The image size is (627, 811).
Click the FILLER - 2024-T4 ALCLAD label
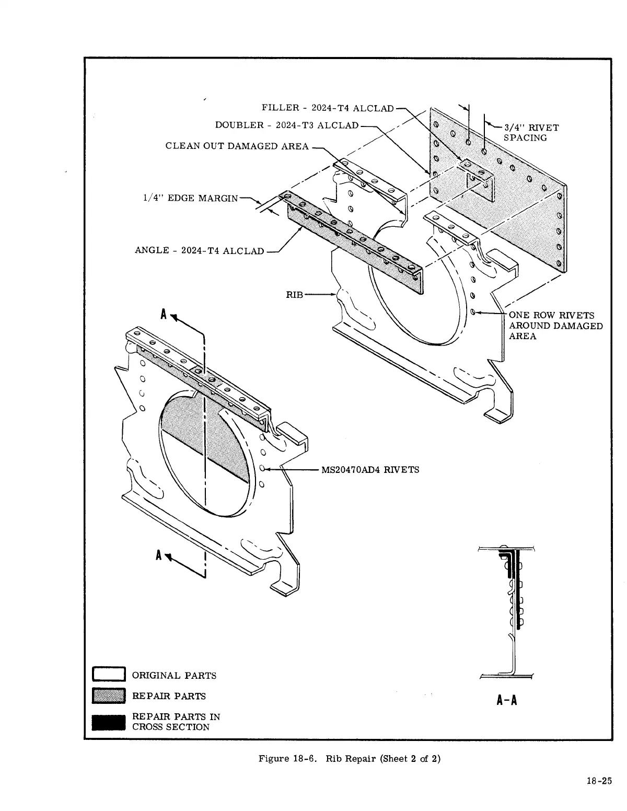coord(327,108)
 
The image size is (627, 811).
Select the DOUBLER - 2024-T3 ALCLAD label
coord(287,125)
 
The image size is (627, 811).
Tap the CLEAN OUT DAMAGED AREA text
coord(237,146)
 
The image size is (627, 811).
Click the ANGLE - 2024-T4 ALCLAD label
coord(199,250)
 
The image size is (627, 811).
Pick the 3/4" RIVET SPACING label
coord(530,133)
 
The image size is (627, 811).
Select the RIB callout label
coord(294,295)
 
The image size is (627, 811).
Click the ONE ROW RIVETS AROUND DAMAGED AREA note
coord(555,326)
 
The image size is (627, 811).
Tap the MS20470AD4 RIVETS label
coord(370,470)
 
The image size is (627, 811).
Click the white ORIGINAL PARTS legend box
coord(109,675)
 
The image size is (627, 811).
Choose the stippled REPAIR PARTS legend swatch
coord(109,696)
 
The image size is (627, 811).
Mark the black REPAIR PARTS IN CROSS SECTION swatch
coord(109,722)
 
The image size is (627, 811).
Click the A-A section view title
coord(507,700)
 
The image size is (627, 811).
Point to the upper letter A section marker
coord(164,315)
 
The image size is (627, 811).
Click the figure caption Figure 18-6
coord(288,759)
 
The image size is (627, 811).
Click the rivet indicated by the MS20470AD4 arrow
coord(263,469)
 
